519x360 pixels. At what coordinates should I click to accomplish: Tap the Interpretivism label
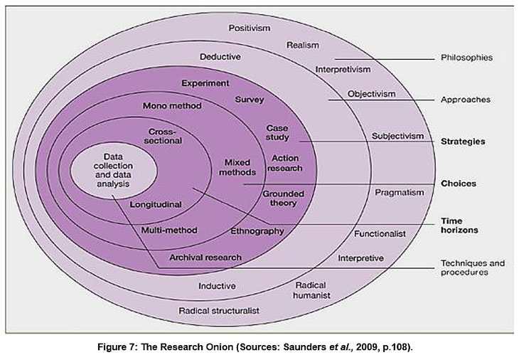click(342, 69)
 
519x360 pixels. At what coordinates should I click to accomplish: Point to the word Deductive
click(220, 56)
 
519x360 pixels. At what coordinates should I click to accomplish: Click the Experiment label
click(205, 83)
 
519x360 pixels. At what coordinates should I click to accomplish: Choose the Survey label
click(250, 100)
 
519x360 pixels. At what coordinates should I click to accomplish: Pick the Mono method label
click(172, 106)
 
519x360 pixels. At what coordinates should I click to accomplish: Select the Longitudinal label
click(156, 204)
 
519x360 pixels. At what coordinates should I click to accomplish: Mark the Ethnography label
click(257, 231)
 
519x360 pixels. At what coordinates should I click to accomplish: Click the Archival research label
click(205, 257)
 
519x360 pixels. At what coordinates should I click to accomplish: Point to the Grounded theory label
click(283, 198)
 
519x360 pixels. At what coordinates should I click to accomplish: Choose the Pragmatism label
click(400, 192)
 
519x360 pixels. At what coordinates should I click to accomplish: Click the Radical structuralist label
click(218, 311)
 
